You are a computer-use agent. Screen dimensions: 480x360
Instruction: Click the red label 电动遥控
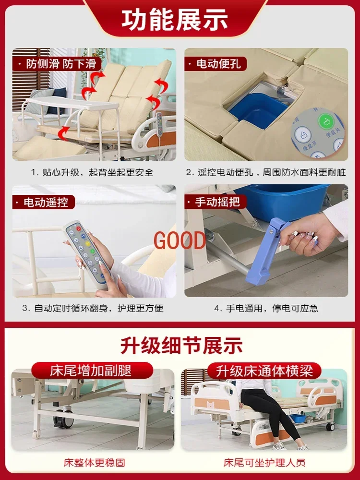tap(46, 202)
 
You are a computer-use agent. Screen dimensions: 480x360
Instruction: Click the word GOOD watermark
tap(180, 240)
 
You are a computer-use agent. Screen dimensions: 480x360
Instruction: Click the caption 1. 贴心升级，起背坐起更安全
tap(92, 172)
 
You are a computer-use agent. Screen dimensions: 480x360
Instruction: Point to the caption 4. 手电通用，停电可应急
tap(266, 308)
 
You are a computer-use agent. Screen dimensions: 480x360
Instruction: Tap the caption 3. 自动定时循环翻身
tap(92, 308)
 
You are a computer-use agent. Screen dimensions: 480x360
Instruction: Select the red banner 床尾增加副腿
tap(91, 371)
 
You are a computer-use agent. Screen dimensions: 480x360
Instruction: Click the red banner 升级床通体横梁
tap(264, 371)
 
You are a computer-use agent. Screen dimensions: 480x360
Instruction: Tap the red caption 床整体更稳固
tap(94, 463)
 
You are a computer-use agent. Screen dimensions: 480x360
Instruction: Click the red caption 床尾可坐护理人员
tap(264, 463)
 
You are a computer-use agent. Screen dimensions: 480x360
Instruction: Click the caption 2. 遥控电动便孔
tap(266, 172)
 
